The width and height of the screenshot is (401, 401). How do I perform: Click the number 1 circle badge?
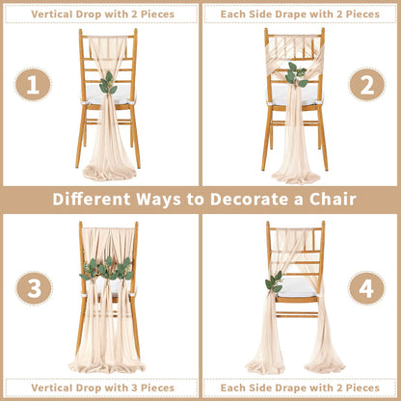(x=33, y=85)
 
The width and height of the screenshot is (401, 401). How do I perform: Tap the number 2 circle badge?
(x=367, y=85)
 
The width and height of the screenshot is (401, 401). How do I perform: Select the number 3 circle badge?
(x=34, y=288)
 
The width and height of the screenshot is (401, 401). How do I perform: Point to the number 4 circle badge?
(x=366, y=288)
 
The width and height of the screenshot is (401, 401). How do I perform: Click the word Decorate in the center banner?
(x=250, y=200)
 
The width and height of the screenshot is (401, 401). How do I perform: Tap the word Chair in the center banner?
(x=333, y=200)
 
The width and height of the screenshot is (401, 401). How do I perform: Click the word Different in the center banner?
(x=92, y=200)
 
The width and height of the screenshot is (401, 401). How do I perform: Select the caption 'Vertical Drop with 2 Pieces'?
(x=103, y=14)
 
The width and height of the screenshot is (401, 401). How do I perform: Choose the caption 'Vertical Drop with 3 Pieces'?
(x=103, y=388)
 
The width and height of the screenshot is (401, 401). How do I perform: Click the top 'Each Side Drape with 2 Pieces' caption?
(x=300, y=14)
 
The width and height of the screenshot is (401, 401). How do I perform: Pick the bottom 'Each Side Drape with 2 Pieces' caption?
(x=300, y=388)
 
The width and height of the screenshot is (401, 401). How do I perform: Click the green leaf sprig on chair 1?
(x=108, y=83)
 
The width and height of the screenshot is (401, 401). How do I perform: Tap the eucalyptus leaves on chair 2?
(x=296, y=75)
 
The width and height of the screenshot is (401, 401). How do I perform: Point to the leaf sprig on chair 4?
(x=274, y=282)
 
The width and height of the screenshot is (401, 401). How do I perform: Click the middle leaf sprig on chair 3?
(x=107, y=269)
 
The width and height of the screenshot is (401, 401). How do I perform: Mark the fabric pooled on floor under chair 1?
(x=109, y=173)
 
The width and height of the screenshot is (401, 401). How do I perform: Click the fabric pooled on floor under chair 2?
(x=296, y=175)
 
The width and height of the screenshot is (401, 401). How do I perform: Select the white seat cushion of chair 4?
(x=298, y=287)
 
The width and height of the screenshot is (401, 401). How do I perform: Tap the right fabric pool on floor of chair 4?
(x=325, y=365)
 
